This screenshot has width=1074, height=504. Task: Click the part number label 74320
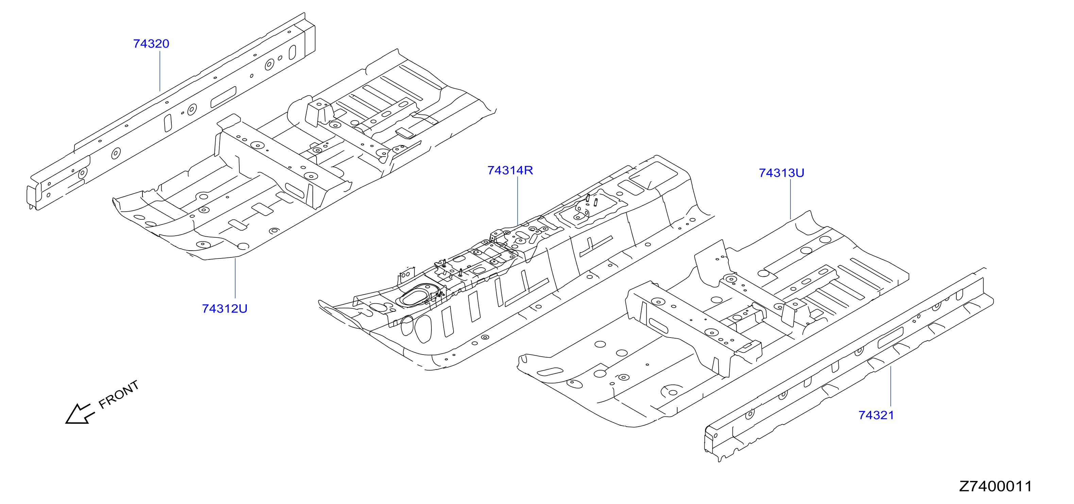point(151,44)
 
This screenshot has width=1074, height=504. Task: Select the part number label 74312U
point(225,309)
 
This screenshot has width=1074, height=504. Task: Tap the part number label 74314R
point(510,170)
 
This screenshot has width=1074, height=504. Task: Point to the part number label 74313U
point(781,173)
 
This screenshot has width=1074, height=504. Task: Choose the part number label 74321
point(876,415)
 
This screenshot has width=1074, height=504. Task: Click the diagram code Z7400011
point(995,486)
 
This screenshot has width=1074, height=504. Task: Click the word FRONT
point(118,394)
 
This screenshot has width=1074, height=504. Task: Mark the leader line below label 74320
point(160,71)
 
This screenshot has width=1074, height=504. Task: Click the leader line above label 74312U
point(235,278)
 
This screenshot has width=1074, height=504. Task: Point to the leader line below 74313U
point(790,199)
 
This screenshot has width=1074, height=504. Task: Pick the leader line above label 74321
point(890,386)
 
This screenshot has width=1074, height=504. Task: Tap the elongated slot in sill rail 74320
point(223,97)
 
